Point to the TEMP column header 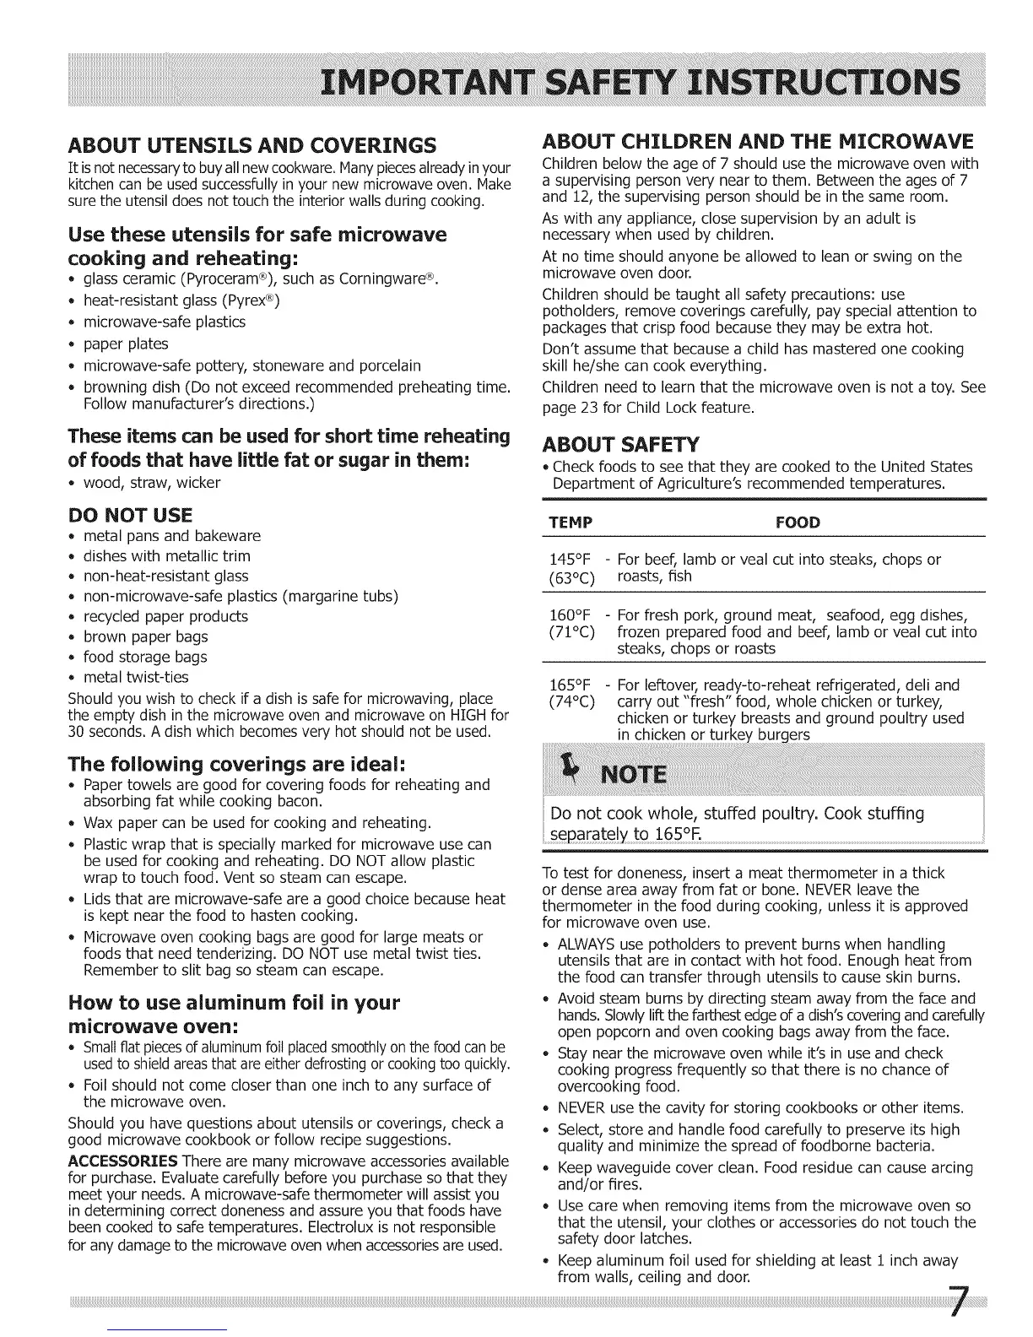pyautogui.click(x=571, y=522)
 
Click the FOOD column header pyautogui.click(x=797, y=522)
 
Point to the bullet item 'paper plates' pyautogui.click(x=126, y=344)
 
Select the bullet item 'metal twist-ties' pyautogui.click(x=136, y=677)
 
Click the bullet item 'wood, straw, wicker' pyautogui.click(x=151, y=483)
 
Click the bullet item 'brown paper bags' pyautogui.click(x=145, y=636)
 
